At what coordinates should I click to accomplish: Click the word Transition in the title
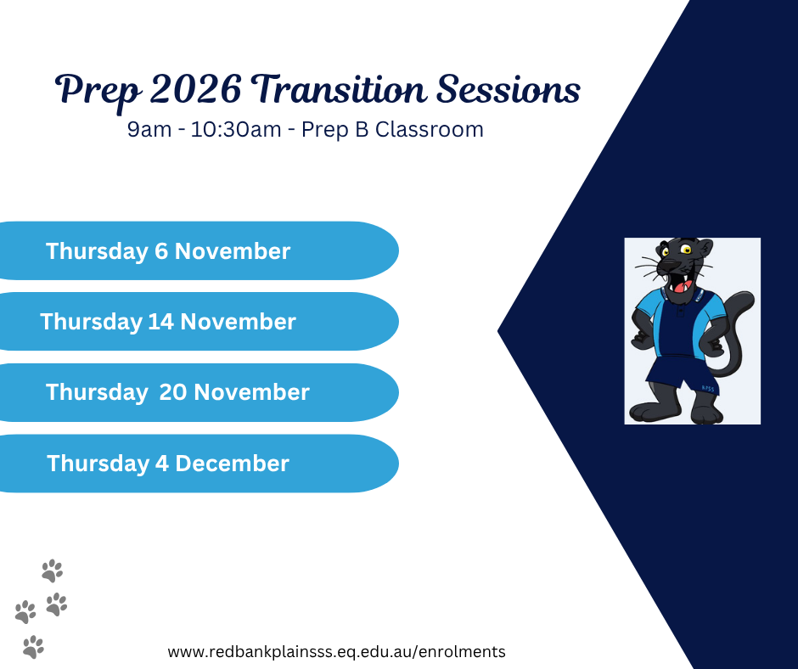point(339,89)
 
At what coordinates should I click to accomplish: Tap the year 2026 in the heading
point(195,89)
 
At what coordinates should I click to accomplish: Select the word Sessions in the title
point(509,89)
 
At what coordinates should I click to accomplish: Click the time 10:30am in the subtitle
point(236,129)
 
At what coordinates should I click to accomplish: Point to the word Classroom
point(429,129)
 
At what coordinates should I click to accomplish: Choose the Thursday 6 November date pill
point(199,250)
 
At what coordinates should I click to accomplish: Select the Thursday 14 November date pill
point(199,321)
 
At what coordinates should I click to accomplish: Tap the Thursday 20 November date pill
point(199,392)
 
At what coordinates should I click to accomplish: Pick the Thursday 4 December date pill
point(199,464)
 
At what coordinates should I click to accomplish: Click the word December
point(232,464)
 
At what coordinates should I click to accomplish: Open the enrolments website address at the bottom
point(336,652)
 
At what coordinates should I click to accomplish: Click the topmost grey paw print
point(53,571)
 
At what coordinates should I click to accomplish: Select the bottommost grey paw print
point(34,647)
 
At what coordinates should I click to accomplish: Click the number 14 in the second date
point(160,321)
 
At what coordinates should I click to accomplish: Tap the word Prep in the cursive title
point(98,92)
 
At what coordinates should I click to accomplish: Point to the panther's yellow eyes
point(676,250)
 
